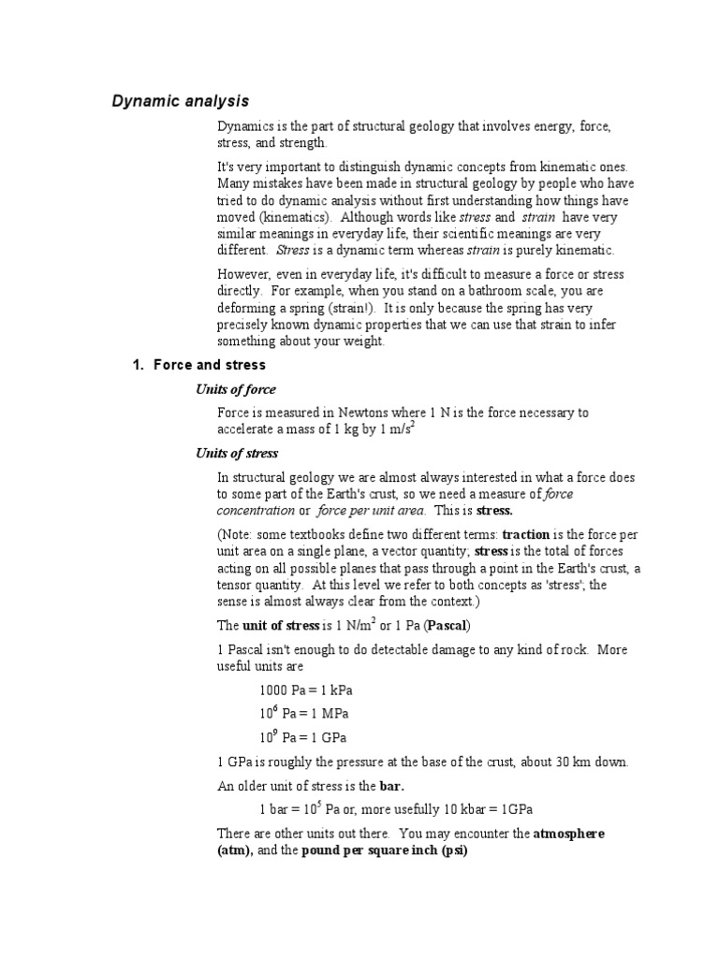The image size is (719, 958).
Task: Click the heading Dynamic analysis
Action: pyautogui.click(x=181, y=100)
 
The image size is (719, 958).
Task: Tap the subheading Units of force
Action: pyautogui.click(x=235, y=389)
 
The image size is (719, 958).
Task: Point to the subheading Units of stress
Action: pyautogui.click(x=237, y=454)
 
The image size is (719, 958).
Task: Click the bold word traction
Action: pyautogui.click(x=525, y=534)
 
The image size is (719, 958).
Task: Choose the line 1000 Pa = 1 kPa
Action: pyautogui.click(x=306, y=691)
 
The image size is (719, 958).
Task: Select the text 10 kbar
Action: pyautogui.click(x=453, y=809)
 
